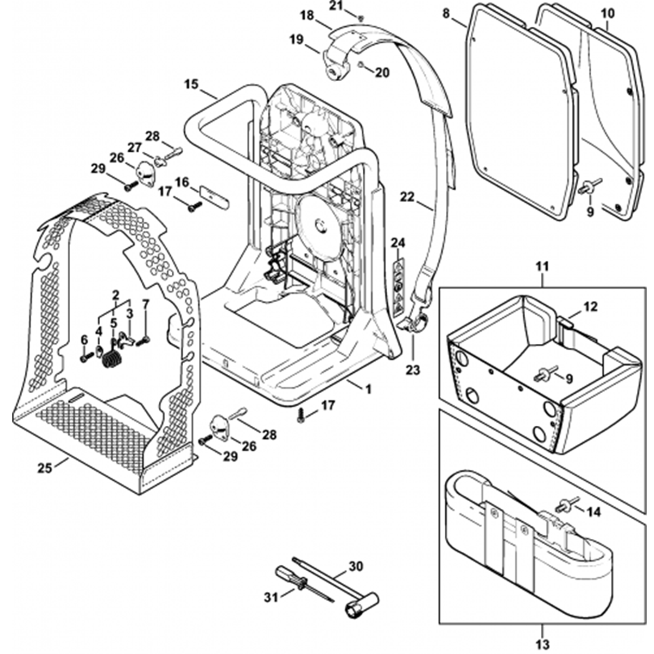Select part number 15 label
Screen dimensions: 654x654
(x=191, y=84)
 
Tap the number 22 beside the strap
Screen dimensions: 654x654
(x=407, y=196)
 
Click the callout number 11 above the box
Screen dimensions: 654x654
(x=543, y=267)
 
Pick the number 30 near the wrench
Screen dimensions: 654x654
(x=356, y=566)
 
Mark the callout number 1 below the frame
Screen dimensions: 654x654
(x=368, y=390)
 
